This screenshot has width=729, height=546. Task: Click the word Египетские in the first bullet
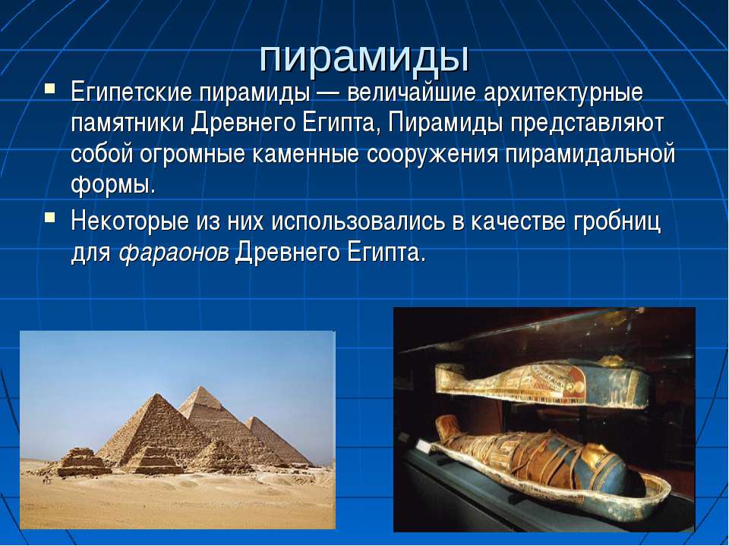[131, 93]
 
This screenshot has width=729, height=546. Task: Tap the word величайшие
[412, 93]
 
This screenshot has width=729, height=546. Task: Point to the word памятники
[127, 124]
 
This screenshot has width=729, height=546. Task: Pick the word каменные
[305, 155]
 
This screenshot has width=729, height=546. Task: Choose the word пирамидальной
[589, 155]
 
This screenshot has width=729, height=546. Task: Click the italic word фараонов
[174, 253]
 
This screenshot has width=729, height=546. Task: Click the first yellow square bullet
[50, 88]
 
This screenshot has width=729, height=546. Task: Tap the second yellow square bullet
[50, 216]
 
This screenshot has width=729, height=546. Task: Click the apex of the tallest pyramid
[200, 387]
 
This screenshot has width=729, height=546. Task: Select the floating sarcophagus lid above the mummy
[541, 382]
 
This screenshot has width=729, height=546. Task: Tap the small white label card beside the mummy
[424, 447]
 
